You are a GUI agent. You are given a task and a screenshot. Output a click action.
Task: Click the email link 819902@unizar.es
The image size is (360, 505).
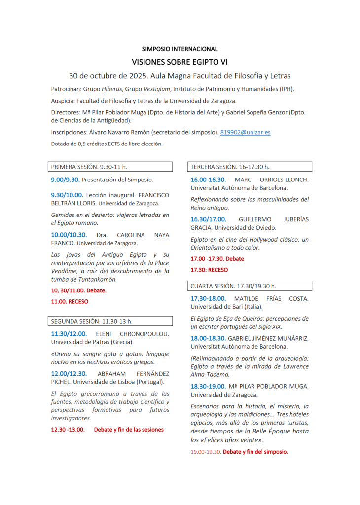coord(245,132)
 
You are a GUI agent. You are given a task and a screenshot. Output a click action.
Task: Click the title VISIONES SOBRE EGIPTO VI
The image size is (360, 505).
coord(180,62)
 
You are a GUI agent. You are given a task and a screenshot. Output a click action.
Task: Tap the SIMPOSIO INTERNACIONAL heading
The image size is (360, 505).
coord(180,49)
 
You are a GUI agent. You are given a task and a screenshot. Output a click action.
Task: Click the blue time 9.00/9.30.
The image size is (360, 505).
coord(65,180)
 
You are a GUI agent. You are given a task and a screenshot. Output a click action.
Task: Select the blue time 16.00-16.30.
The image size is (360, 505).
coord(208,180)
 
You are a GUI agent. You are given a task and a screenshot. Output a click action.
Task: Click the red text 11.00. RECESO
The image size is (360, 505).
coord(70,301)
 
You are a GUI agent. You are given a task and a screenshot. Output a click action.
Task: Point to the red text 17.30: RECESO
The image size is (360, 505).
coord(209,270)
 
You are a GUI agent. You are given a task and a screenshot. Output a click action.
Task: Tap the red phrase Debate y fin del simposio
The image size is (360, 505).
coord(255,451)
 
